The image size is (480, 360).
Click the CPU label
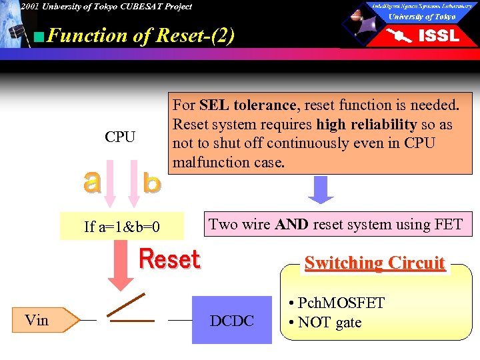(x=120, y=137)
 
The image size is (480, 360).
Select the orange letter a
(x=93, y=182)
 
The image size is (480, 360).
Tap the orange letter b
(x=151, y=182)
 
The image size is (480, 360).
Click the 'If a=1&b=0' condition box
(x=122, y=227)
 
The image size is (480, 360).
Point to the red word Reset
(x=169, y=259)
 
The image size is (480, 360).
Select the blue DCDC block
(x=232, y=321)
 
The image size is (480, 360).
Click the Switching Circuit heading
(x=374, y=263)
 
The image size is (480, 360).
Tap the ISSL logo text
(x=438, y=36)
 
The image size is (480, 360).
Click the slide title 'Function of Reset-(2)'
(x=140, y=35)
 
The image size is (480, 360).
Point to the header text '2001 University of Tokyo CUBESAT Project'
(x=105, y=7)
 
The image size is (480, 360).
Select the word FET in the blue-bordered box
(x=448, y=224)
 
